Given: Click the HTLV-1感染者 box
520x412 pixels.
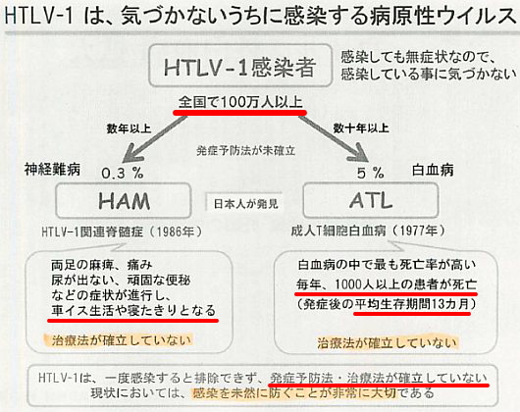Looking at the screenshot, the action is pyautogui.click(x=240, y=66).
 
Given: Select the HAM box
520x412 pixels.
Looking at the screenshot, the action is pyautogui.click(x=124, y=200).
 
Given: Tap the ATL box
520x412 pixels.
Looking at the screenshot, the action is pyautogui.click(x=371, y=200).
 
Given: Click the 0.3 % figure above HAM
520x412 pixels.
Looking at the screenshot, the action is pyautogui.click(x=123, y=173).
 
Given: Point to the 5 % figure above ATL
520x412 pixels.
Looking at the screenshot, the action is pyautogui.click(x=371, y=173).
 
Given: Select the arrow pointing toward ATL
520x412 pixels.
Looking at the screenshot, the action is pyautogui.click(x=333, y=137).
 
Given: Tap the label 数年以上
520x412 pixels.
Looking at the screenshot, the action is pyautogui.click(x=129, y=129).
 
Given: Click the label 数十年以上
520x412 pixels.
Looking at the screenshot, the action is pyautogui.click(x=361, y=128).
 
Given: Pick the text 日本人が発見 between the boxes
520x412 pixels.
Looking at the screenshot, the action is pyautogui.click(x=245, y=203).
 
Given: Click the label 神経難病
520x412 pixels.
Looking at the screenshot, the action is pyautogui.click(x=52, y=170).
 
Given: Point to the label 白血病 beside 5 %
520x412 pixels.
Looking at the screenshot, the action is pyautogui.click(x=433, y=171).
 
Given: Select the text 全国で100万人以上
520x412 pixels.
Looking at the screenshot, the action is pyautogui.click(x=240, y=102).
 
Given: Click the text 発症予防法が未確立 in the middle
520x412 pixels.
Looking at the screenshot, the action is pyautogui.click(x=245, y=151).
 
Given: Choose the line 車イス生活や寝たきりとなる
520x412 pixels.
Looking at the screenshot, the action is pyautogui.click(x=133, y=310).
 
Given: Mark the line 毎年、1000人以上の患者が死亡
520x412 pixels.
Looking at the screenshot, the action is pyautogui.click(x=387, y=284).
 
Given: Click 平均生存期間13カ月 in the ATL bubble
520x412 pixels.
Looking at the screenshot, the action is pyautogui.click(x=412, y=304).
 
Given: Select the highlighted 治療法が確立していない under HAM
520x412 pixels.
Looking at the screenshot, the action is pyautogui.click(x=122, y=340).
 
